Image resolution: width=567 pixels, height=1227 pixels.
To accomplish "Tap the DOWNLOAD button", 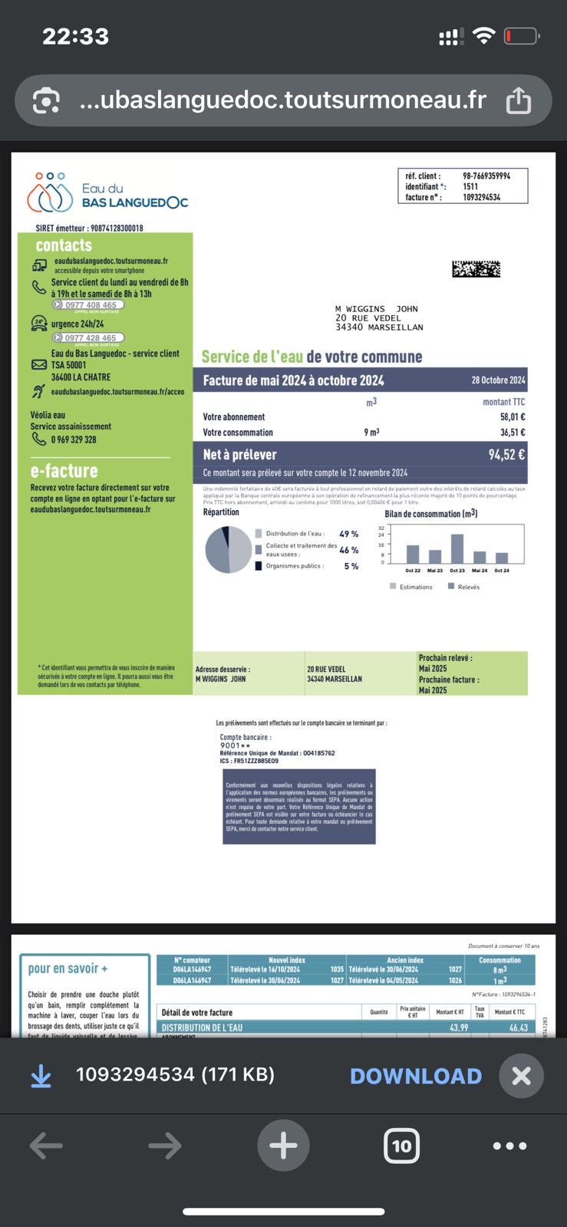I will coord(415,1076).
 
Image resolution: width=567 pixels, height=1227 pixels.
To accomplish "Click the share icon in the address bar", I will coord(519,100).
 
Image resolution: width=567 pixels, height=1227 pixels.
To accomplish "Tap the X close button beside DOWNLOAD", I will coord(521,1076).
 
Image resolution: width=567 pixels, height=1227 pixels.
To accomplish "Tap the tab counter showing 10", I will coord(401,1146).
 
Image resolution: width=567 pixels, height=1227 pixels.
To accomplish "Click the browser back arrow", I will coord(46,1146).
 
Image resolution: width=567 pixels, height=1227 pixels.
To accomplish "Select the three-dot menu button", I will coord(509,1146).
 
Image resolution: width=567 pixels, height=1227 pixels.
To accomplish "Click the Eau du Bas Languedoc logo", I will coord(107,192).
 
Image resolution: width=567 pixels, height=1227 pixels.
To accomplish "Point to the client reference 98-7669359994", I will coord(486,176).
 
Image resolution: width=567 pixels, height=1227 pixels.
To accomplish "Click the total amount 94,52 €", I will coord(506,455).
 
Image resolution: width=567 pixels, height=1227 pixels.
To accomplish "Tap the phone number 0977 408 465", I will coord(91,305).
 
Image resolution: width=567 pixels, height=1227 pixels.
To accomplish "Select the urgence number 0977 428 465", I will coord(90,338).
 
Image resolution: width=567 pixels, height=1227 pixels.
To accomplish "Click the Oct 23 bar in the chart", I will coord(457,548).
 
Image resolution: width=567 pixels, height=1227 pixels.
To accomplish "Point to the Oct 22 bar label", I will coord(413,571).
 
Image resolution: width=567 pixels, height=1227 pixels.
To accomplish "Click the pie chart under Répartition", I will coord(229,549).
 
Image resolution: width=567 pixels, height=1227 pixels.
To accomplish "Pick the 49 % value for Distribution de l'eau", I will coord(348,534).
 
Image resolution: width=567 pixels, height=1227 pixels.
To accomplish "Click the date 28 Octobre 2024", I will coord(498,380).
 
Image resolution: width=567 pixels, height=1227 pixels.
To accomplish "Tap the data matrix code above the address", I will coord(476,269).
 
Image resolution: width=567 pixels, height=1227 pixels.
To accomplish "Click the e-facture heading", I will coord(64,471).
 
